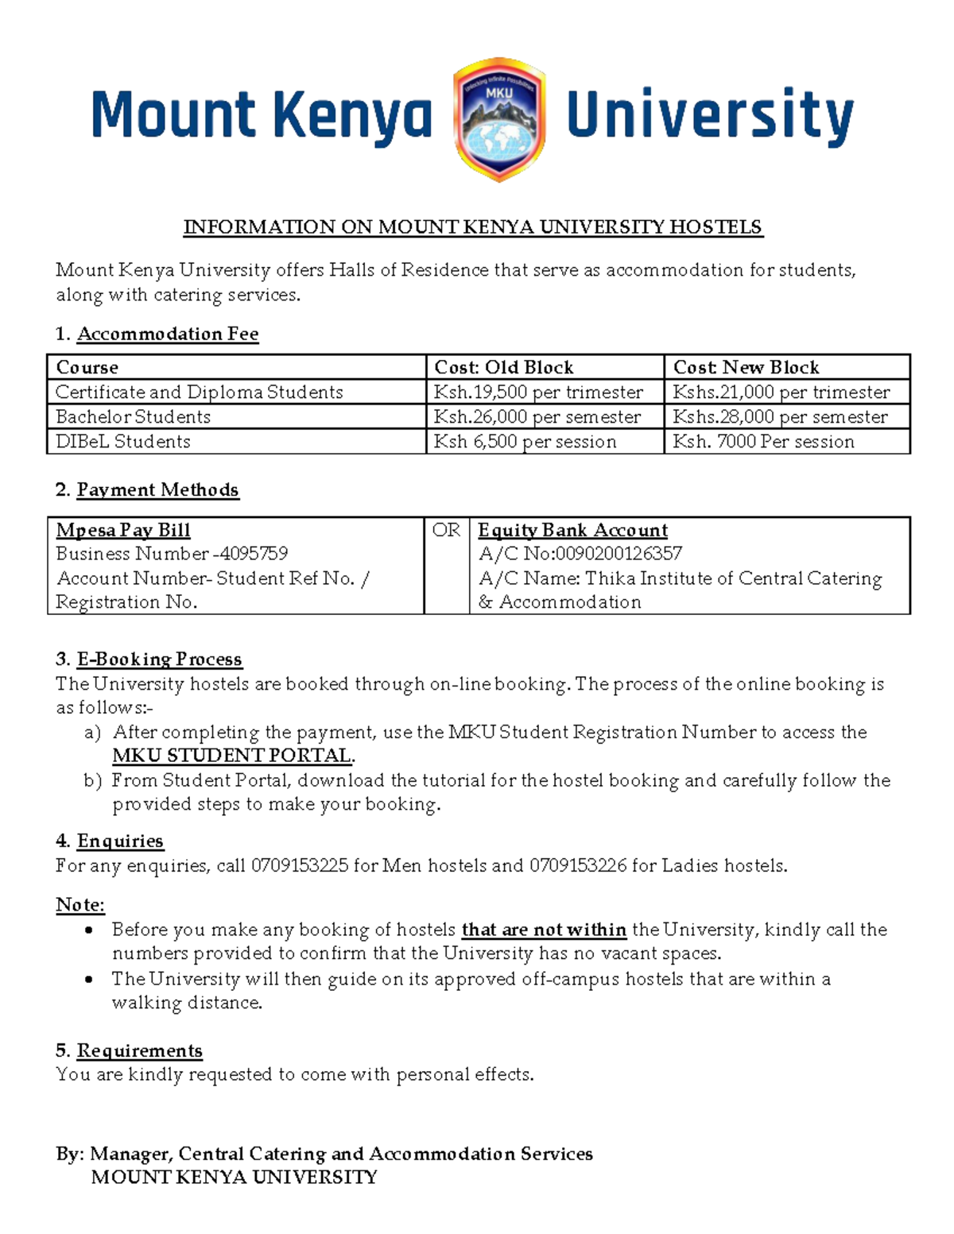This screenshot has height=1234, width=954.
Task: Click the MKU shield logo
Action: point(498,119)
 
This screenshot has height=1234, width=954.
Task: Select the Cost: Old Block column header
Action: point(503,367)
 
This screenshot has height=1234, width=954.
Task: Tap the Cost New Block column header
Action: point(746,367)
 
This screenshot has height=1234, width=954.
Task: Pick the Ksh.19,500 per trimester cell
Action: point(538,392)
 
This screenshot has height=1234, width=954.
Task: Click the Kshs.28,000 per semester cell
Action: point(780,416)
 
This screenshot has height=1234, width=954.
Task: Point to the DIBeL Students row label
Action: point(123,441)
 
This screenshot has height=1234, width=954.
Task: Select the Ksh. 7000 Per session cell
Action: point(763,441)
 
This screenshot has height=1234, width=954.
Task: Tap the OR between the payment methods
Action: point(446,530)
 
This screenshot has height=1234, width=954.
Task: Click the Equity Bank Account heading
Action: point(572,530)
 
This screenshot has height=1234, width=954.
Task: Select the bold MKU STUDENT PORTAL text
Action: point(232,755)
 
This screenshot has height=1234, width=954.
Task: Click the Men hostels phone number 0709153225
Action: point(300,865)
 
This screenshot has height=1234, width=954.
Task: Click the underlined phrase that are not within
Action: point(544,930)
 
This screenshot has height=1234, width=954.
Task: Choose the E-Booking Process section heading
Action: point(159,659)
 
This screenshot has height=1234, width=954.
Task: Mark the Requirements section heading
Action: point(139,1050)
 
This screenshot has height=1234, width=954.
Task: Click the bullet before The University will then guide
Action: point(88,979)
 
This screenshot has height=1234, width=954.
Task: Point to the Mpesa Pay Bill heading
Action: point(123,530)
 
